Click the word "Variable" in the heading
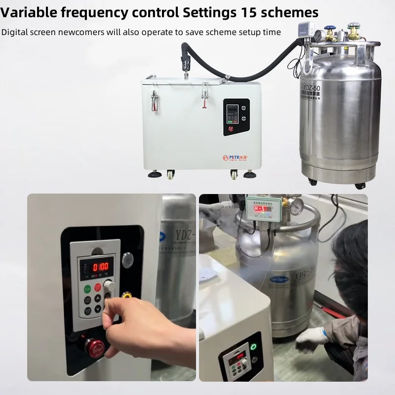(29, 12)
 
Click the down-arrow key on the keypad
(98, 310)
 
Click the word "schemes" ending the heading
(295, 12)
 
